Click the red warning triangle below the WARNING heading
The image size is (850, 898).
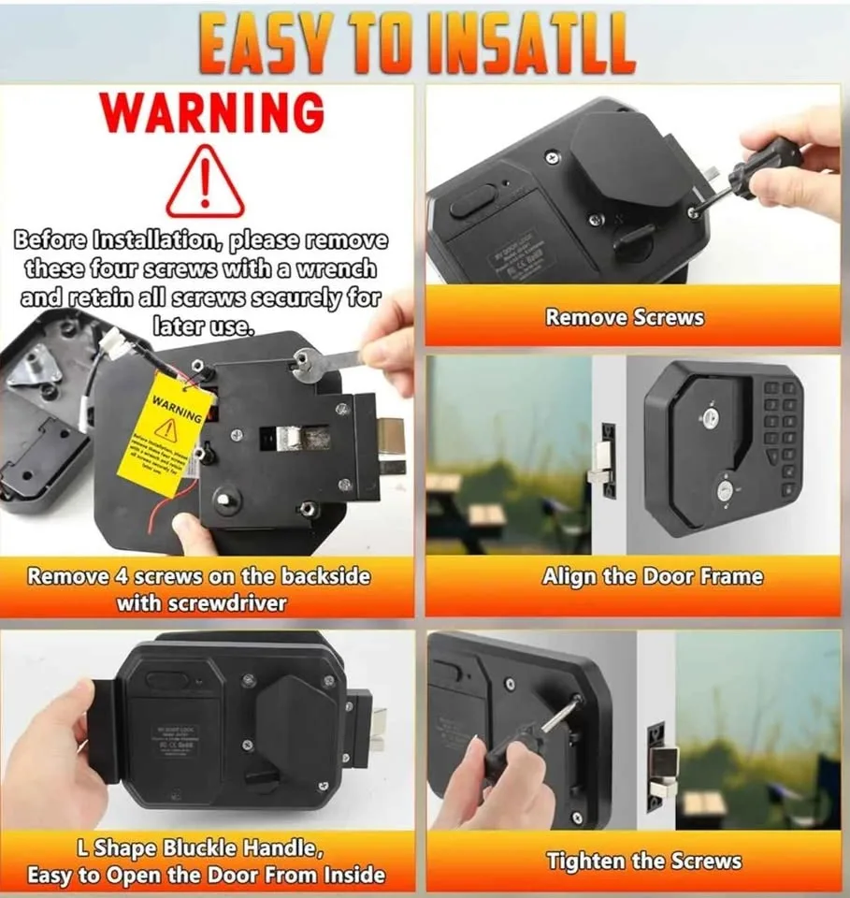click(205, 183)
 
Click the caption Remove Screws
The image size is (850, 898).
click(625, 317)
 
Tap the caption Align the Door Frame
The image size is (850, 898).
click(652, 577)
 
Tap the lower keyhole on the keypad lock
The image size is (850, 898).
click(726, 488)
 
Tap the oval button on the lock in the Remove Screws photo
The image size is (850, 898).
click(472, 198)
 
